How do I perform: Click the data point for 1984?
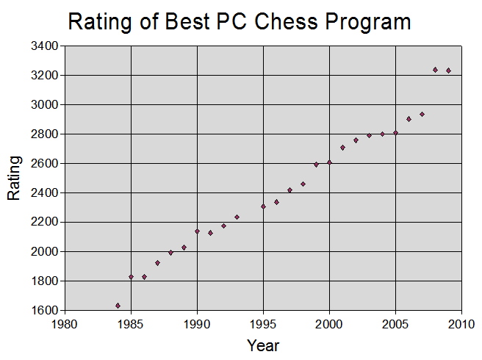[x=118, y=305]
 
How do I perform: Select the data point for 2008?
[x=435, y=70]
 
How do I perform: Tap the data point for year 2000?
[x=329, y=162]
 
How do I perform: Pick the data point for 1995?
[x=263, y=206]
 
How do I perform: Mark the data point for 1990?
[x=197, y=231]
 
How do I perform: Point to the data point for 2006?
[x=409, y=118]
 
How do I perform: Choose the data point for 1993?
[x=237, y=217]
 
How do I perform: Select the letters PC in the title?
[x=229, y=22]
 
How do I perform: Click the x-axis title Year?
[x=263, y=345]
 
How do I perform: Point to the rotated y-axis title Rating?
[x=13, y=178]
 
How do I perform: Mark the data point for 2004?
[x=382, y=134]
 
